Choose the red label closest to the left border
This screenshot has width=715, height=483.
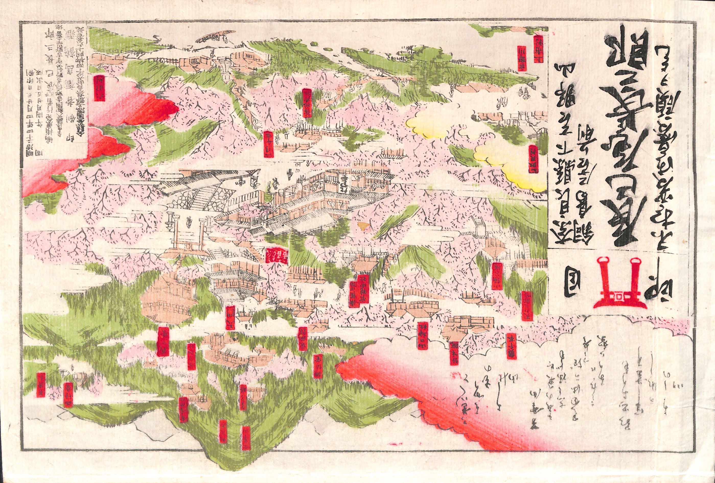pos(41,384)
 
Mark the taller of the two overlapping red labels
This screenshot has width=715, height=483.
pos(362,289)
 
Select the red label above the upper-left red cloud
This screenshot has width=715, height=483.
pos(99,88)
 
